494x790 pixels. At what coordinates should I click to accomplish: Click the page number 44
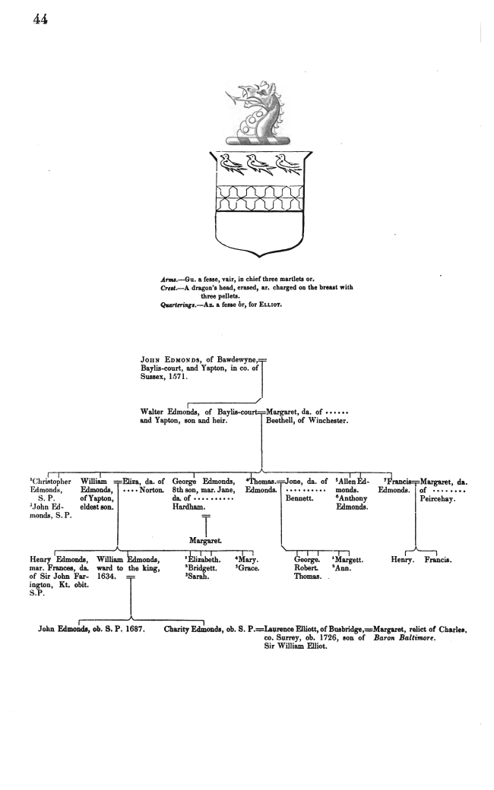coord(40,19)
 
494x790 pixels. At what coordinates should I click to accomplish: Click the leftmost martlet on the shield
coord(231,164)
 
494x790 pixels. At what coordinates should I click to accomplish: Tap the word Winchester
coord(328,420)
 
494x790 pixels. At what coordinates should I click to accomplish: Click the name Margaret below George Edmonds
coord(205,541)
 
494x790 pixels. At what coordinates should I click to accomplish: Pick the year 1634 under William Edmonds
coord(106,577)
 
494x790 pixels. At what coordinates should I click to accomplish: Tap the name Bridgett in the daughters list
coord(203,568)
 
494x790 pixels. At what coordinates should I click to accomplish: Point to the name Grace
coord(249,568)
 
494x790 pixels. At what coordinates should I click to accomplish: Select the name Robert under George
coord(306,568)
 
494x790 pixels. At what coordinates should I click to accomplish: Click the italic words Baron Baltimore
coord(404,637)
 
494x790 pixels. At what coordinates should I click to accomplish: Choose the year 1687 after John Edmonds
coord(135,629)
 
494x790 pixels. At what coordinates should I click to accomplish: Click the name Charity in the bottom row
coord(176,629)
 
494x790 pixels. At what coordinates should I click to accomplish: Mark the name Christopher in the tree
coord(52,482)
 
